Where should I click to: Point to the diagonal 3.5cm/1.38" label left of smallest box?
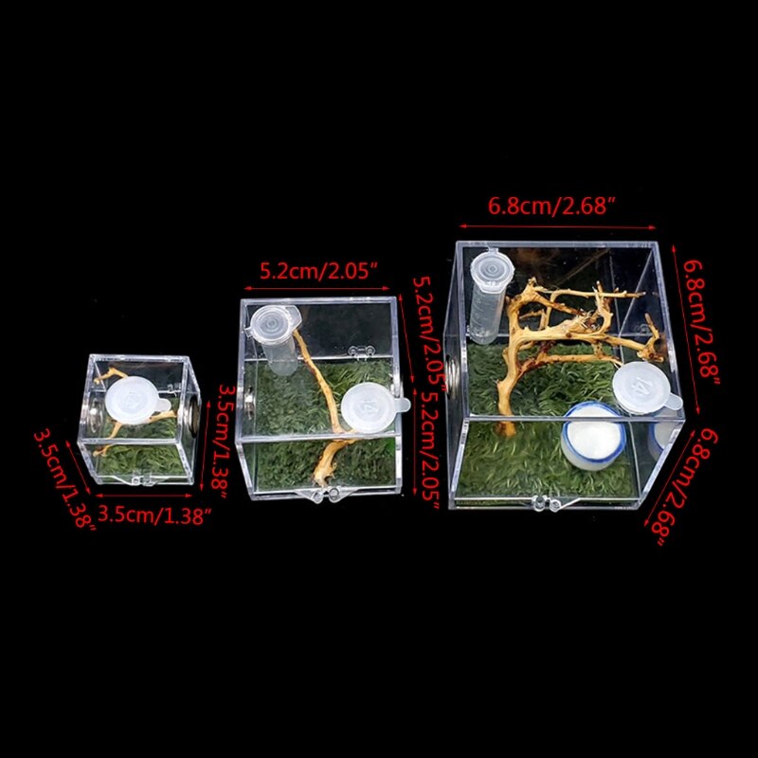pos(64,479)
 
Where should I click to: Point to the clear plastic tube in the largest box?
pos(487,294)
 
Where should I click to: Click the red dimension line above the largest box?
pos(558,228)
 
